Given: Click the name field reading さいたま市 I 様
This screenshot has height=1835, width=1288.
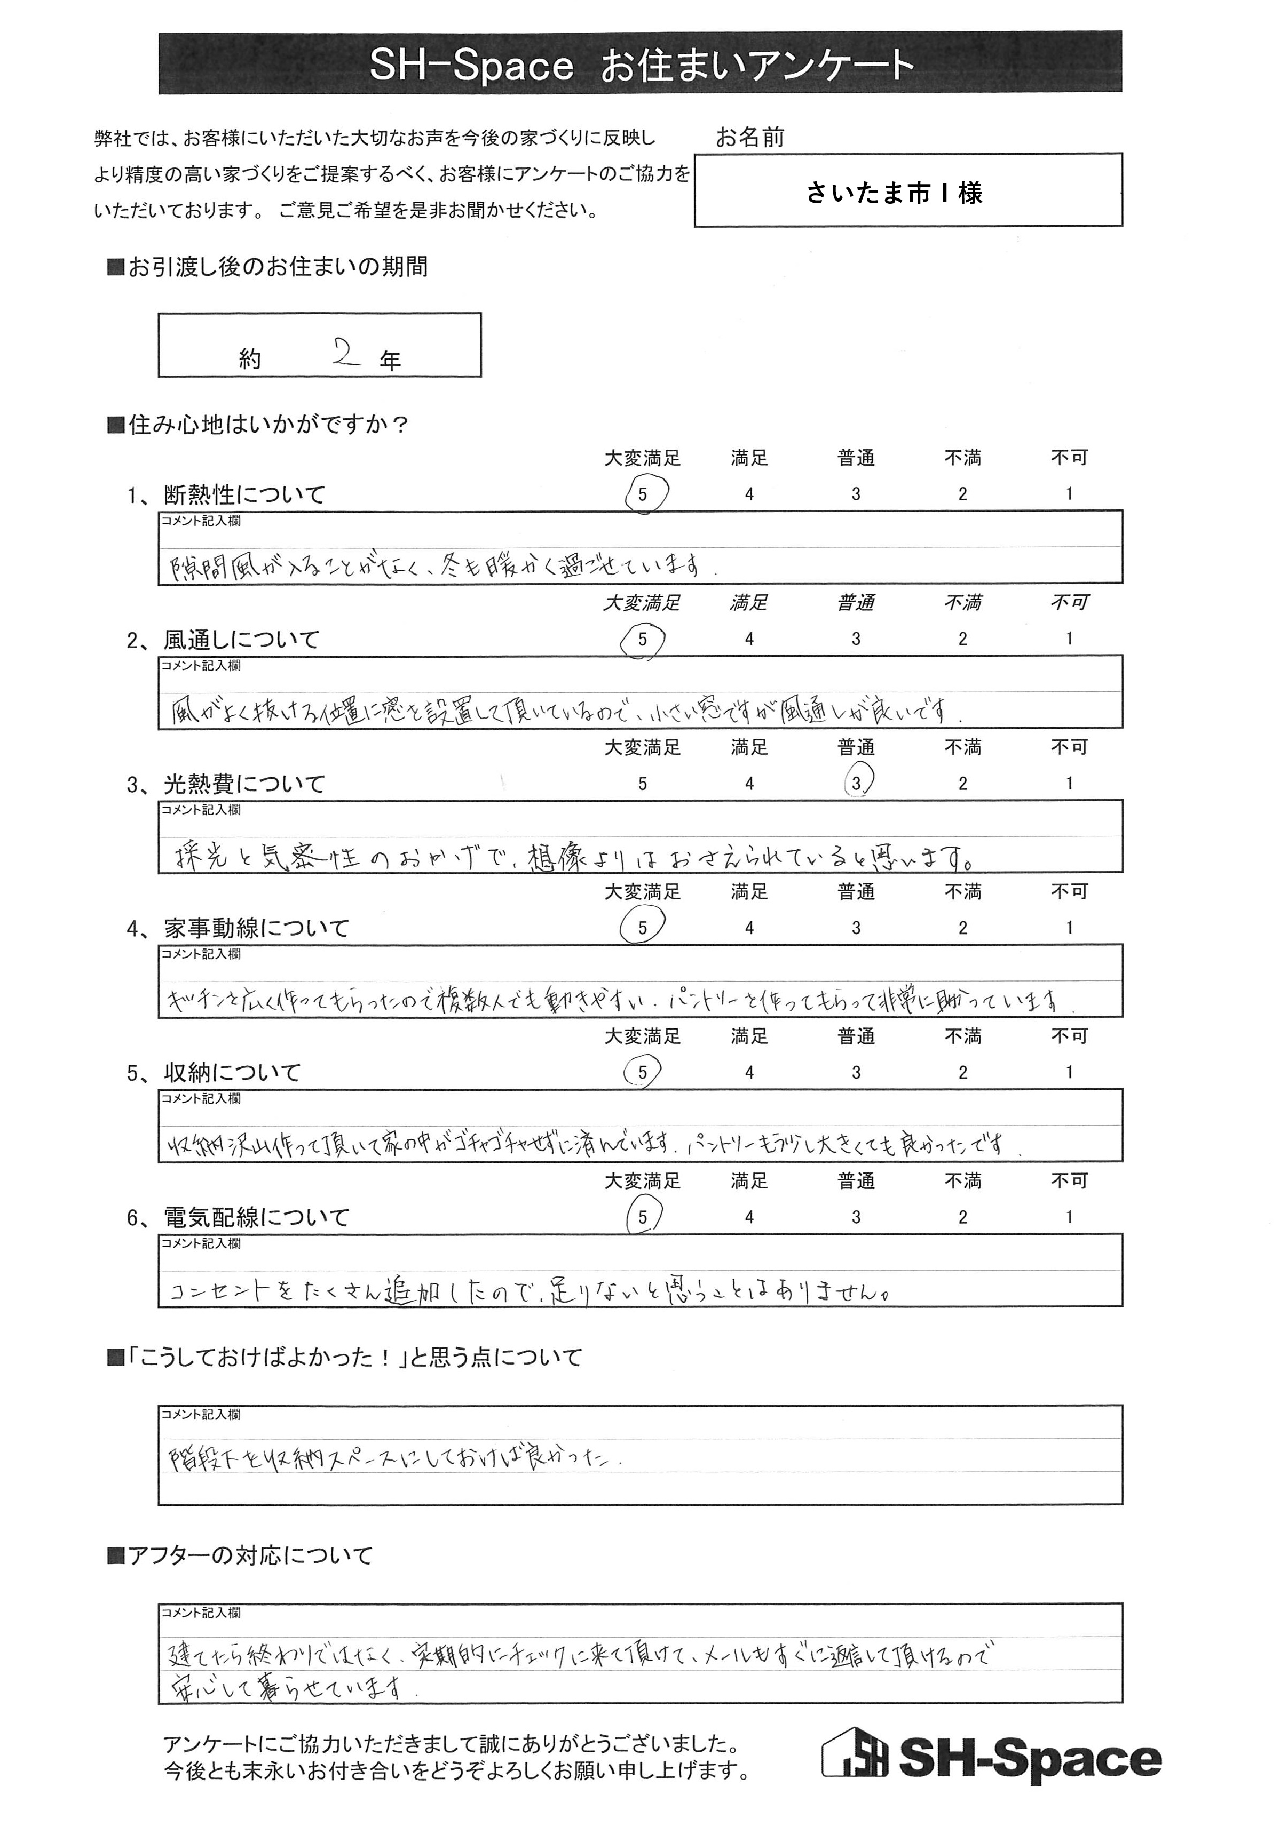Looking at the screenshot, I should click(894, 193).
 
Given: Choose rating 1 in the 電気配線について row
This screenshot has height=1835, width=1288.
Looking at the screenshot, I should click(1069, 1217).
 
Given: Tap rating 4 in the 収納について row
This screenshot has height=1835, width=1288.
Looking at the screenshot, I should click(749, 1073).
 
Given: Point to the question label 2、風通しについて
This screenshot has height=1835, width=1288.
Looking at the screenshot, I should click(224, 640).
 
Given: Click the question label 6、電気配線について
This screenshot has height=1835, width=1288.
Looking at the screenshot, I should click(238, 1217).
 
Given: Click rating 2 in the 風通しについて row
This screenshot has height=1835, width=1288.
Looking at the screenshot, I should click(962, 640).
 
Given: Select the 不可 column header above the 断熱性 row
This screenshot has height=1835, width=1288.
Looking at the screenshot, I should click(1069, 458).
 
